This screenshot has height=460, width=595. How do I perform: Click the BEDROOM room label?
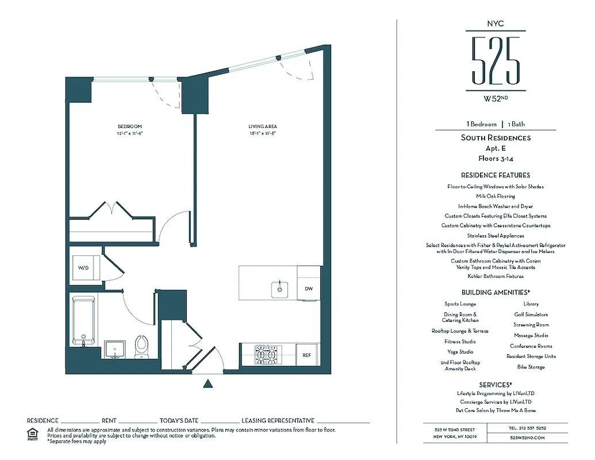(x=129, y=126)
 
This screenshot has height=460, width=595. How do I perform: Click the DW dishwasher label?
(x=309, y=289)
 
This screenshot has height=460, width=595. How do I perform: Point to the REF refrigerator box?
(x=307, y=355)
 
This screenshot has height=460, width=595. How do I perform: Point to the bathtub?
(x=85, y=321)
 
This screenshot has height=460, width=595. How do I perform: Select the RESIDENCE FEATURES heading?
(x=496, y=175)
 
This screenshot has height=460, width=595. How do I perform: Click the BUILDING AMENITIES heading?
(x=496, y=293)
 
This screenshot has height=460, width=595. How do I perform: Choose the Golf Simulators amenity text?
(x=531, y=315)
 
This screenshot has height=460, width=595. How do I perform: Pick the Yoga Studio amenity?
(x=460, y=352)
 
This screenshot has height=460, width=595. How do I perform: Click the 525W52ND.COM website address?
(x=527, y=438)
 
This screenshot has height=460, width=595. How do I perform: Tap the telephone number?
(x=527, y=428)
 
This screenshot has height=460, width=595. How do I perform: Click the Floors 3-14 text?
(x=496, y=158)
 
